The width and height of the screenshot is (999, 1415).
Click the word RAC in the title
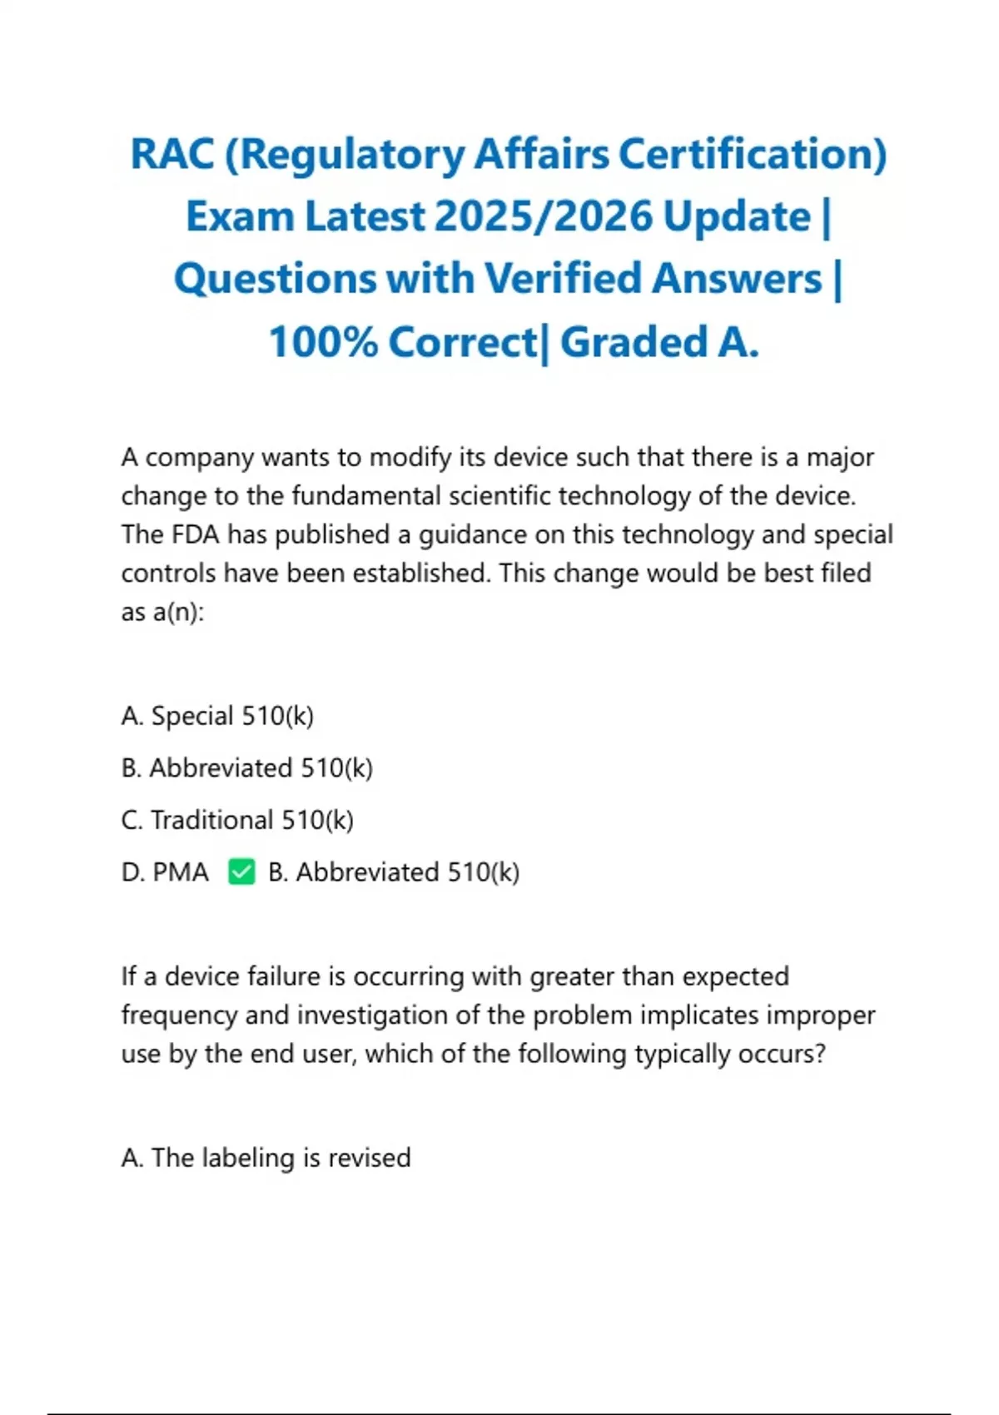coord(171,155)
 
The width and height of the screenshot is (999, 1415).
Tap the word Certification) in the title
coord(753,155)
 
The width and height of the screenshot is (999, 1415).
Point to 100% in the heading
coord(322,342)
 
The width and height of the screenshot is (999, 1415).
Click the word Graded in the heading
coord(634,342)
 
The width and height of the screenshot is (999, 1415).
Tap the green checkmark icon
coord(241,872)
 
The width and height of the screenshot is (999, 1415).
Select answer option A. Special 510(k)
coord(217,716)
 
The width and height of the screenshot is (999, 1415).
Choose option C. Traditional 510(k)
coord(237,820)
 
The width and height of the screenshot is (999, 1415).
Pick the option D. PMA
coord(165,872)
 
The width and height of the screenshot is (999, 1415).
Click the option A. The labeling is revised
coord(266,1158)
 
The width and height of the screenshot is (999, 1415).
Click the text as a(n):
coord(162,613)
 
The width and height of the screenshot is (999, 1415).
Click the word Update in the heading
coord(737,217)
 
